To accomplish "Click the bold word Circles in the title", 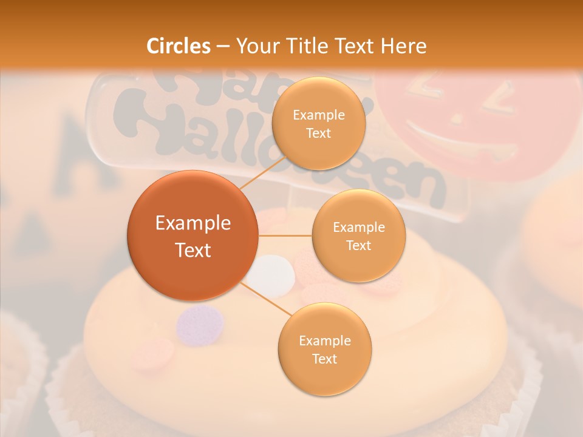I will click(179, 46).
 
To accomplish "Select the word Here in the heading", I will click(404, 46).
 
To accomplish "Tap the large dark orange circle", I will click(193, 235).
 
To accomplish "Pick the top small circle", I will click(318, 123).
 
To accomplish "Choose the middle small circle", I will click(358, 235).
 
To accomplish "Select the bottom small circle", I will click(324, 349).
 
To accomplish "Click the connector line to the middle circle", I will click(285, 235).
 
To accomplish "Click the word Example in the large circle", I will click(193, 223).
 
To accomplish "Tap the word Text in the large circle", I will click(193, 250).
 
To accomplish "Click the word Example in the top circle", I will click(318, 115).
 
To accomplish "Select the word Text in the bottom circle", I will click(324, 359).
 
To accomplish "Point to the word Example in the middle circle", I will click(358, 227).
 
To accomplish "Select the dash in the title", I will click(223, 46).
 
